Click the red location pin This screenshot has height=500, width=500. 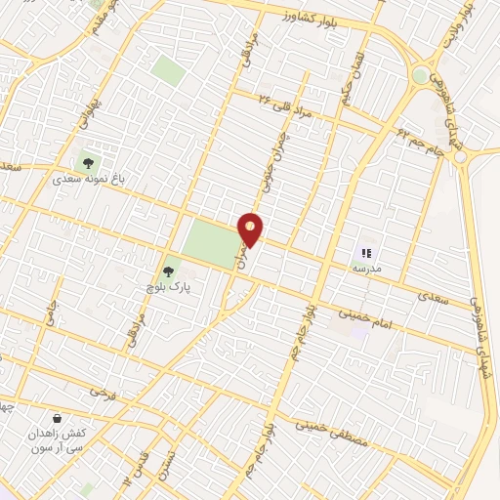tap(251, 229)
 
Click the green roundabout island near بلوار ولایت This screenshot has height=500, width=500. tap(420, 75)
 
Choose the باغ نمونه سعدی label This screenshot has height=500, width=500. tap(91, 180)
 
